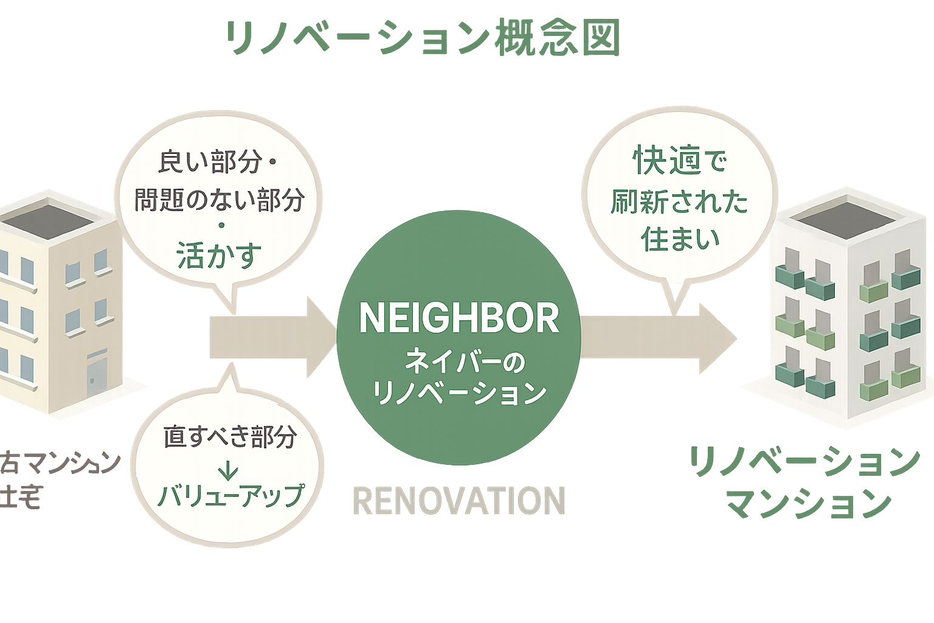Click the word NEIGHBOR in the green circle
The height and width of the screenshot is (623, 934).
tap(459, 318)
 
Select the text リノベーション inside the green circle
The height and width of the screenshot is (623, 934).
tap(459, 393)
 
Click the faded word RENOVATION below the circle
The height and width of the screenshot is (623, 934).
tap(459, 501)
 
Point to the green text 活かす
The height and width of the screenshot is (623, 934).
tap(220, 256)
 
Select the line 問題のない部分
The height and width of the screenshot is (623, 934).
tap(220, 200)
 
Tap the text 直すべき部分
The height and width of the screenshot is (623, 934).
tap(230, 437)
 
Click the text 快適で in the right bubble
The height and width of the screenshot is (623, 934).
tap(680, 162)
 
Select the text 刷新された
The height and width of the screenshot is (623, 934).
tap(679, 201)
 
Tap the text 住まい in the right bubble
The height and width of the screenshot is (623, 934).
tap(680, 239)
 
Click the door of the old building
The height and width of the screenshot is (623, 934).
tap(96, 375)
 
